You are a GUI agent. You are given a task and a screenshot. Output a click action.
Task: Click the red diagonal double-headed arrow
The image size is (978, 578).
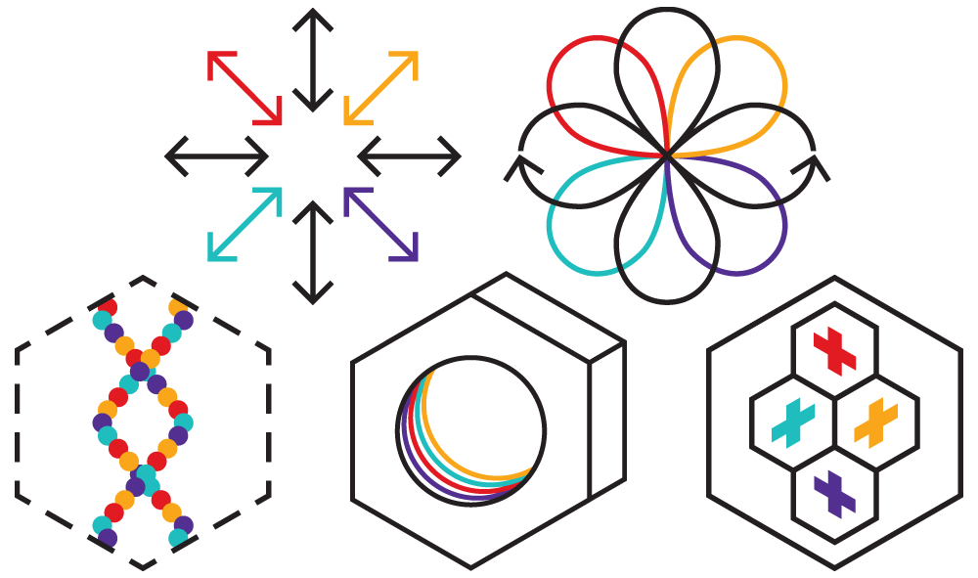point(244,88)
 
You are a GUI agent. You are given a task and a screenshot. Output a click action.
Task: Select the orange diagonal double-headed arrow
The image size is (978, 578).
point(381,88)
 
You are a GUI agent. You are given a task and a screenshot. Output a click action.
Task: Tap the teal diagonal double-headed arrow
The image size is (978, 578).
point(244,223)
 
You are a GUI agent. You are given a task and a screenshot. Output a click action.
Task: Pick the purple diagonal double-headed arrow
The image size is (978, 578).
point(381,223)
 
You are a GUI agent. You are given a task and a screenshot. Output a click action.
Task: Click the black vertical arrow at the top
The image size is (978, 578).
point(312,59)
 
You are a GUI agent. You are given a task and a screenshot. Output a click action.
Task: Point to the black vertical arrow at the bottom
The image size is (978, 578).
point(312,251)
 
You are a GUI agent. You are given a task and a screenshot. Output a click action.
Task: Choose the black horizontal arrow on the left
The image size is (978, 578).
point(216,155)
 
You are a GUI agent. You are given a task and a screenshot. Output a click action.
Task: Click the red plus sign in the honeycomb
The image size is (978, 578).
point(834,350)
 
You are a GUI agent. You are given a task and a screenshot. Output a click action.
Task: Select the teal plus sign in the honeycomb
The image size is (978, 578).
point(792,422)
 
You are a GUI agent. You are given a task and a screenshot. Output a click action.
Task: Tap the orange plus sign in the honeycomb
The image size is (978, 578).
point(875,422)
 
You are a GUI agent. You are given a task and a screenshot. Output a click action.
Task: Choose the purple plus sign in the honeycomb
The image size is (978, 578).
point(834,494)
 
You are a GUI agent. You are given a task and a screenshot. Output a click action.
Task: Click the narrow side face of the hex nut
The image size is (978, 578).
point(606,421)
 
